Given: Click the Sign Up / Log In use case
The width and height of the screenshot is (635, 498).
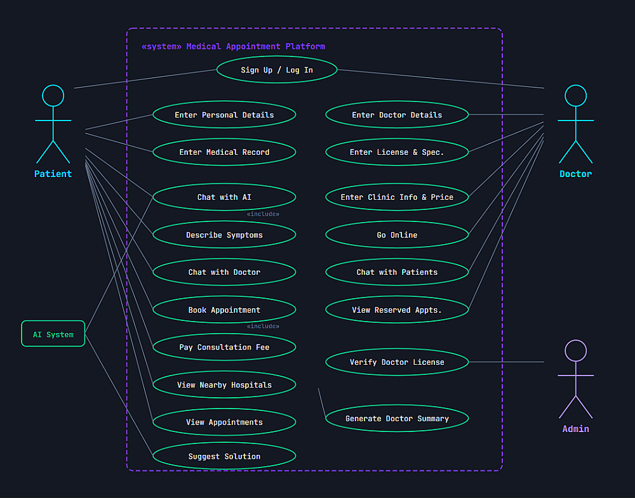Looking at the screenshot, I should [x=276, y=70].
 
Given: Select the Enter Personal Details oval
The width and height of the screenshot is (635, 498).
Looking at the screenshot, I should [x=224, y=115].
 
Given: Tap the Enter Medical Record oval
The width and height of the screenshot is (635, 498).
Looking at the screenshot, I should [x=224, y=152].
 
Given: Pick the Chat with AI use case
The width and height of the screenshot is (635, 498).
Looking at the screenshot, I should [x=224, y=197].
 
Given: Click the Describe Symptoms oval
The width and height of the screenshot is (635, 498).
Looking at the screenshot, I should [x=224, y=235].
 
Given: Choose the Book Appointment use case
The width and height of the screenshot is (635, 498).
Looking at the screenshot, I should [x=224, y=310].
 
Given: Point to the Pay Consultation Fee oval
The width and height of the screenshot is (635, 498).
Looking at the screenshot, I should [x=224, y=347].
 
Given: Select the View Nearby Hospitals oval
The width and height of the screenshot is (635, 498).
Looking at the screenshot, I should [x=224, y=385].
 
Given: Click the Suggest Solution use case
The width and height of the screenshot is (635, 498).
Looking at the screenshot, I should [x=224, y=456].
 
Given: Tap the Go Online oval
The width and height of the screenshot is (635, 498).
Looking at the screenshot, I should [x=397, y=235].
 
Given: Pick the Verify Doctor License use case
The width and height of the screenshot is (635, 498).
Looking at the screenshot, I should [x=397, y=362].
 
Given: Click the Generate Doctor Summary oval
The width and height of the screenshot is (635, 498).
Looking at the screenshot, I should [x=397, y=419].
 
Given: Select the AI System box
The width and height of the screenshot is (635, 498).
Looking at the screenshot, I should [x=53, y=334].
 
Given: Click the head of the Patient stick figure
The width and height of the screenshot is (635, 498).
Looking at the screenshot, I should [x=53, y=96].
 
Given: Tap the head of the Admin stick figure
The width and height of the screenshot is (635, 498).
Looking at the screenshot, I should [x=575, y=351].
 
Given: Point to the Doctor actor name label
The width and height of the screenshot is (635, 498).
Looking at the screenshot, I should [x=575, y=174].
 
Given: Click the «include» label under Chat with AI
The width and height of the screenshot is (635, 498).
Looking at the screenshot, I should [x=263, y=214].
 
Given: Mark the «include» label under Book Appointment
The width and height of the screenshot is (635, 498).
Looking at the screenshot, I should [x=263, y=327].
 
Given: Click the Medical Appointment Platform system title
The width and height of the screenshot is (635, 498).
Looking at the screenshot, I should [x=233, y=46].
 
